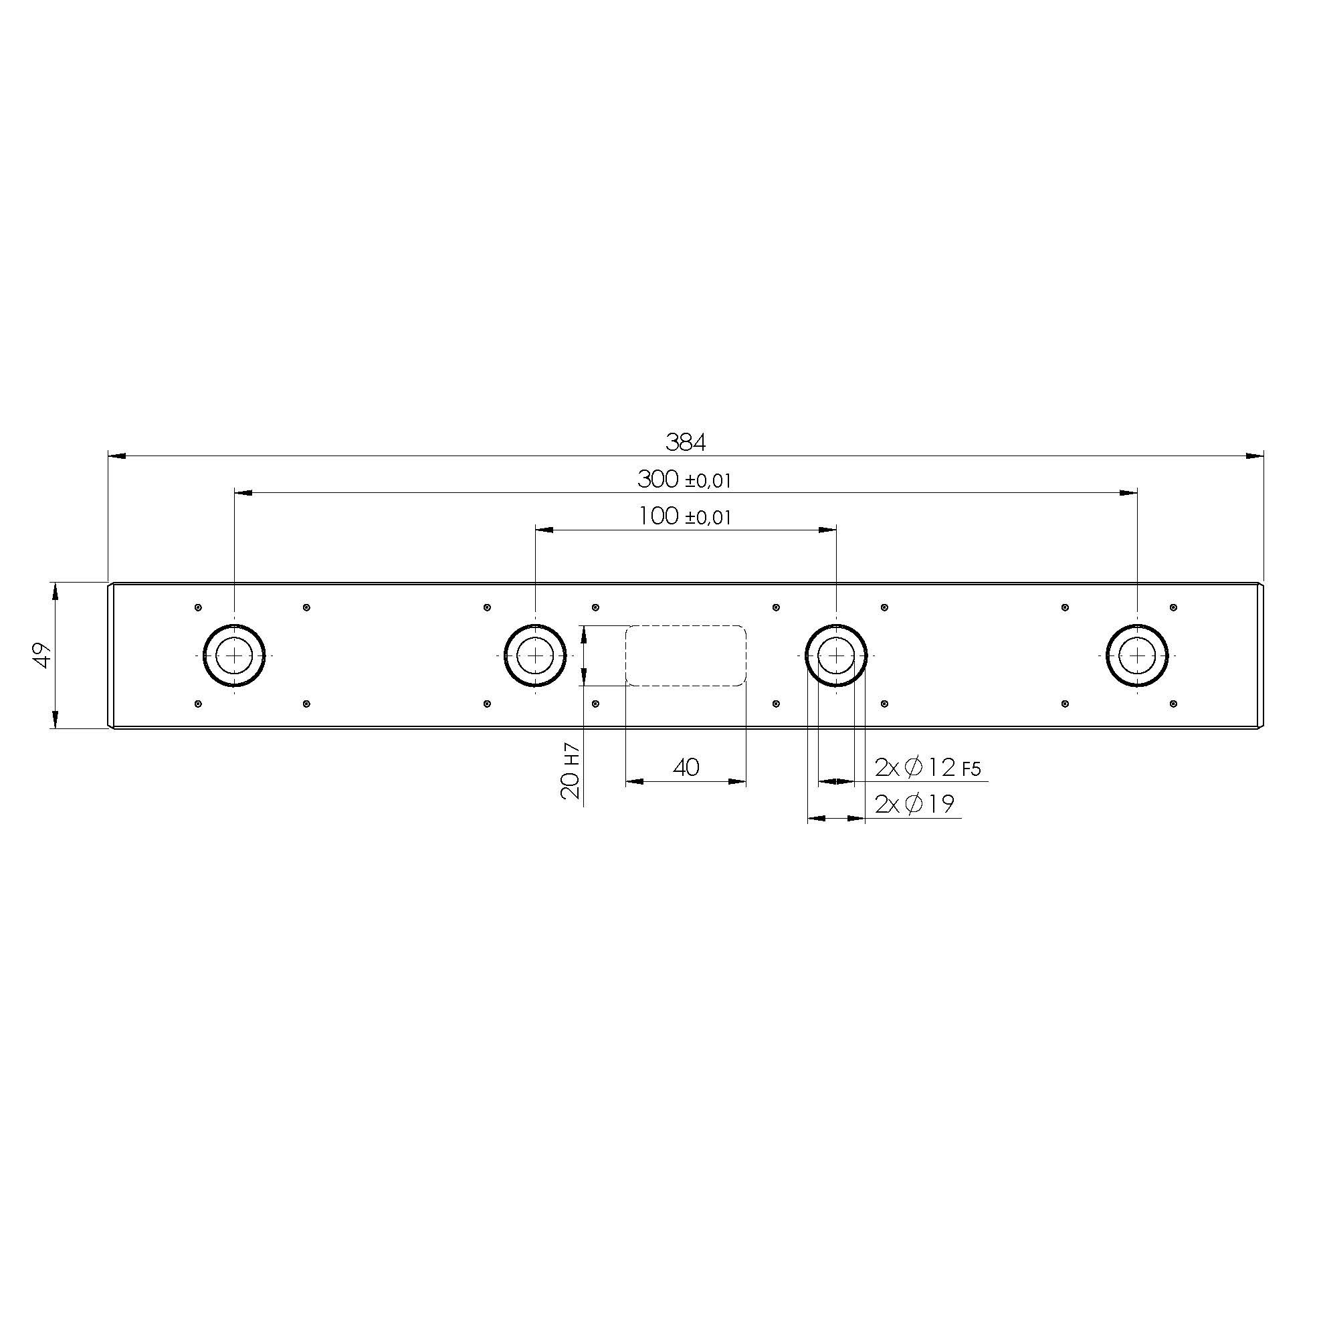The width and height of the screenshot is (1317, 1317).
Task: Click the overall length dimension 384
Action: tap(685, 442)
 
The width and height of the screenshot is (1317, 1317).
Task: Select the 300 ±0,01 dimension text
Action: tap(684, 480)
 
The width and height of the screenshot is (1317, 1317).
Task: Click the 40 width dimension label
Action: tap(686, 768)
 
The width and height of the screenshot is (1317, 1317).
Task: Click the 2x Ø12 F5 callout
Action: tap(927, 769)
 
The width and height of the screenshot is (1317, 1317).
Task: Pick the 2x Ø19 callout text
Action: tap(914, 805)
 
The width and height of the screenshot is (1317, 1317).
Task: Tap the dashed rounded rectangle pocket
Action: tap(686, 655)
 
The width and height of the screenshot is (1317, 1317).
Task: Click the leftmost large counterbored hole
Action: tap(234, 655)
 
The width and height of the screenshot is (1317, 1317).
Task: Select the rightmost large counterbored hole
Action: tap(1137, 655)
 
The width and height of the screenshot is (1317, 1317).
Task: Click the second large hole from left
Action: tap(535, 655)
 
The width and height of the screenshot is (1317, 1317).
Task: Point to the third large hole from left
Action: tap(835, 655)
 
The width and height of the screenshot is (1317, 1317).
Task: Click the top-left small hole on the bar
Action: tap(198, 607)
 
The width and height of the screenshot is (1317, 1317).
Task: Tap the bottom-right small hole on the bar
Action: tap(1173, 704)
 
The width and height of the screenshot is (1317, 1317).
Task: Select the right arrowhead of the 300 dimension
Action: tap(1129, 492)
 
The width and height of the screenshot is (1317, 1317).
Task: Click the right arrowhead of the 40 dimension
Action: tap(738, 782)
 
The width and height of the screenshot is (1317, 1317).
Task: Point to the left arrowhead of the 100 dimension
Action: tap(544, 529)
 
